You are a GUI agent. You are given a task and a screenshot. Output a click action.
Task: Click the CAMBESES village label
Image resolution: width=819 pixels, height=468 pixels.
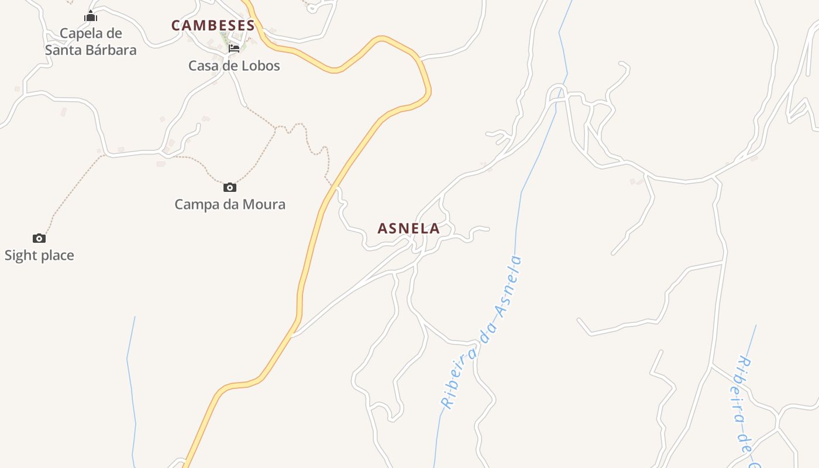[x=214, y=26]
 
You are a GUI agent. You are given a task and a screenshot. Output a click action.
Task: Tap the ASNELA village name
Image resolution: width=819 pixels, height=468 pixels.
[x=408, y=229]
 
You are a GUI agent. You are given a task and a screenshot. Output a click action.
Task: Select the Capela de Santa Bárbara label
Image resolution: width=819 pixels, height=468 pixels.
[x=91, y=42]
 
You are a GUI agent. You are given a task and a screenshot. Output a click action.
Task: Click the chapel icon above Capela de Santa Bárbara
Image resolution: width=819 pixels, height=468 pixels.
[x=91, y=16]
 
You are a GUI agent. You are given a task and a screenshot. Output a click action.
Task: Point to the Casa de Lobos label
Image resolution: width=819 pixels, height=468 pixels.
[x=234, y=66]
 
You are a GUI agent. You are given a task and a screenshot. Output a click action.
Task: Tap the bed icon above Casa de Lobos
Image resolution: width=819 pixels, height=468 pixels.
[x=234, y=48]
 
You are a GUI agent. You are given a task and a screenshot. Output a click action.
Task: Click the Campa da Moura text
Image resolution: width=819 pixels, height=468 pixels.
[x=230, y=204]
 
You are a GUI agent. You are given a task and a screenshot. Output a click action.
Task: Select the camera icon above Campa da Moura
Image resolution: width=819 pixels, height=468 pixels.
[x=230, y=187]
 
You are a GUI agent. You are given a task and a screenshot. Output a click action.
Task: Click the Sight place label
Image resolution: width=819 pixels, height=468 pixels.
[x=39, y=255]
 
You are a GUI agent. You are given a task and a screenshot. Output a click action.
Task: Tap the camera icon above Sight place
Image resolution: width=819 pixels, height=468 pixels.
[x=39, y=238]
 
